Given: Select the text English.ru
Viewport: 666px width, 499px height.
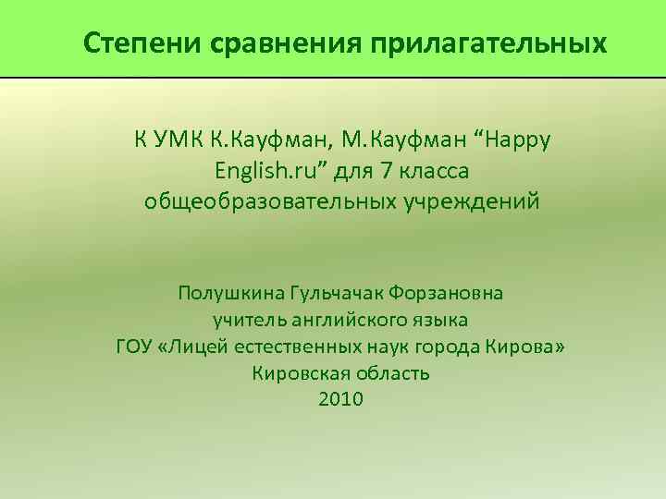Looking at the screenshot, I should tap(262, 170).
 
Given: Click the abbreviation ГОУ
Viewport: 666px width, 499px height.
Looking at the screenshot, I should tap(135, 347).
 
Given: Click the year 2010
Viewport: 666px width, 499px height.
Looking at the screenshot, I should tap(340, 399).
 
